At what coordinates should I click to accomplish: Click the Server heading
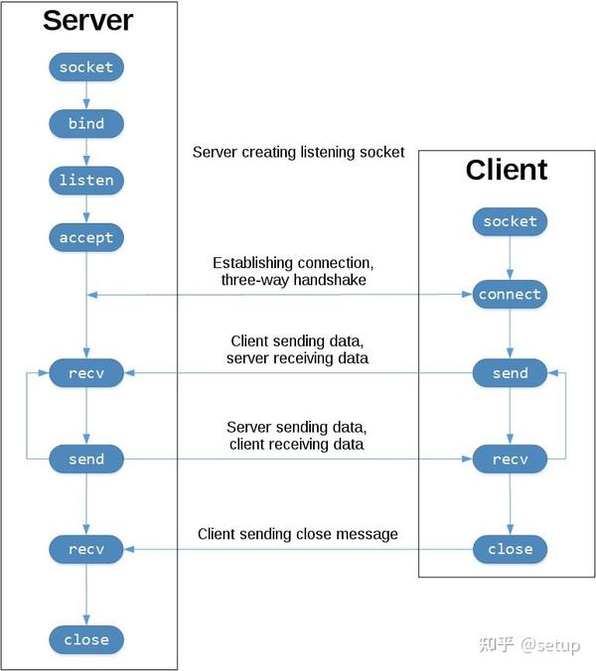87,20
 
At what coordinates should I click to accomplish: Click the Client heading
507,170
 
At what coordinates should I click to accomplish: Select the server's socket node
86,67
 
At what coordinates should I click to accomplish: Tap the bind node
86,124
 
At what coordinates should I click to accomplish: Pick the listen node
86,181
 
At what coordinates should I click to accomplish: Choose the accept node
86,237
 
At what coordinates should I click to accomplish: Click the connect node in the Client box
510,295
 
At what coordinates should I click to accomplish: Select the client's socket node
510,221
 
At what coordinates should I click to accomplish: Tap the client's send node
510,373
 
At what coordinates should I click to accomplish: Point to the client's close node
510,549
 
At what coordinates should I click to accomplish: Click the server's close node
86,640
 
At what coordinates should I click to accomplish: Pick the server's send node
86,460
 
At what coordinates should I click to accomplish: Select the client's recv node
510,460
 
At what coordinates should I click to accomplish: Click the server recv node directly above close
86,549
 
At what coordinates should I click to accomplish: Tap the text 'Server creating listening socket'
298,152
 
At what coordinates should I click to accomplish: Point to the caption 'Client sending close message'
298,534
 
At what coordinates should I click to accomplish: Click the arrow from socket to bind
86,95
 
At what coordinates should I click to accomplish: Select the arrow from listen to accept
86,208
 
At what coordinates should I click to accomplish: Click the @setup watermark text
550,645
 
